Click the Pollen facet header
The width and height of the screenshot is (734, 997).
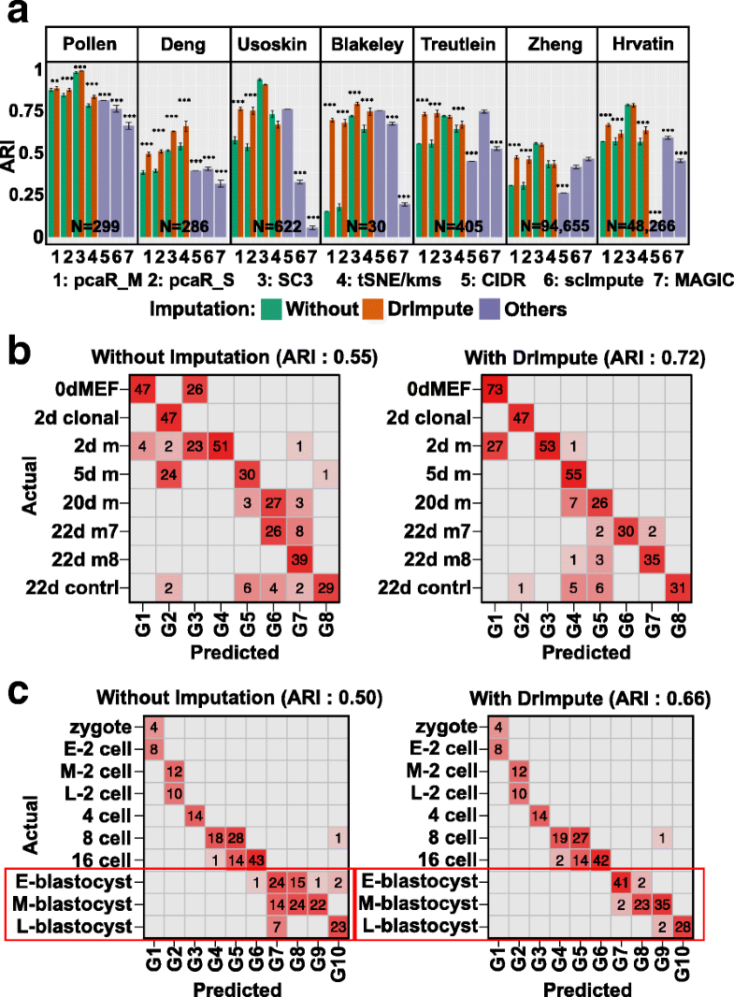click(x=91, y=44)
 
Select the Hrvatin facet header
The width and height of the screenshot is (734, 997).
click(x=644, y=44)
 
